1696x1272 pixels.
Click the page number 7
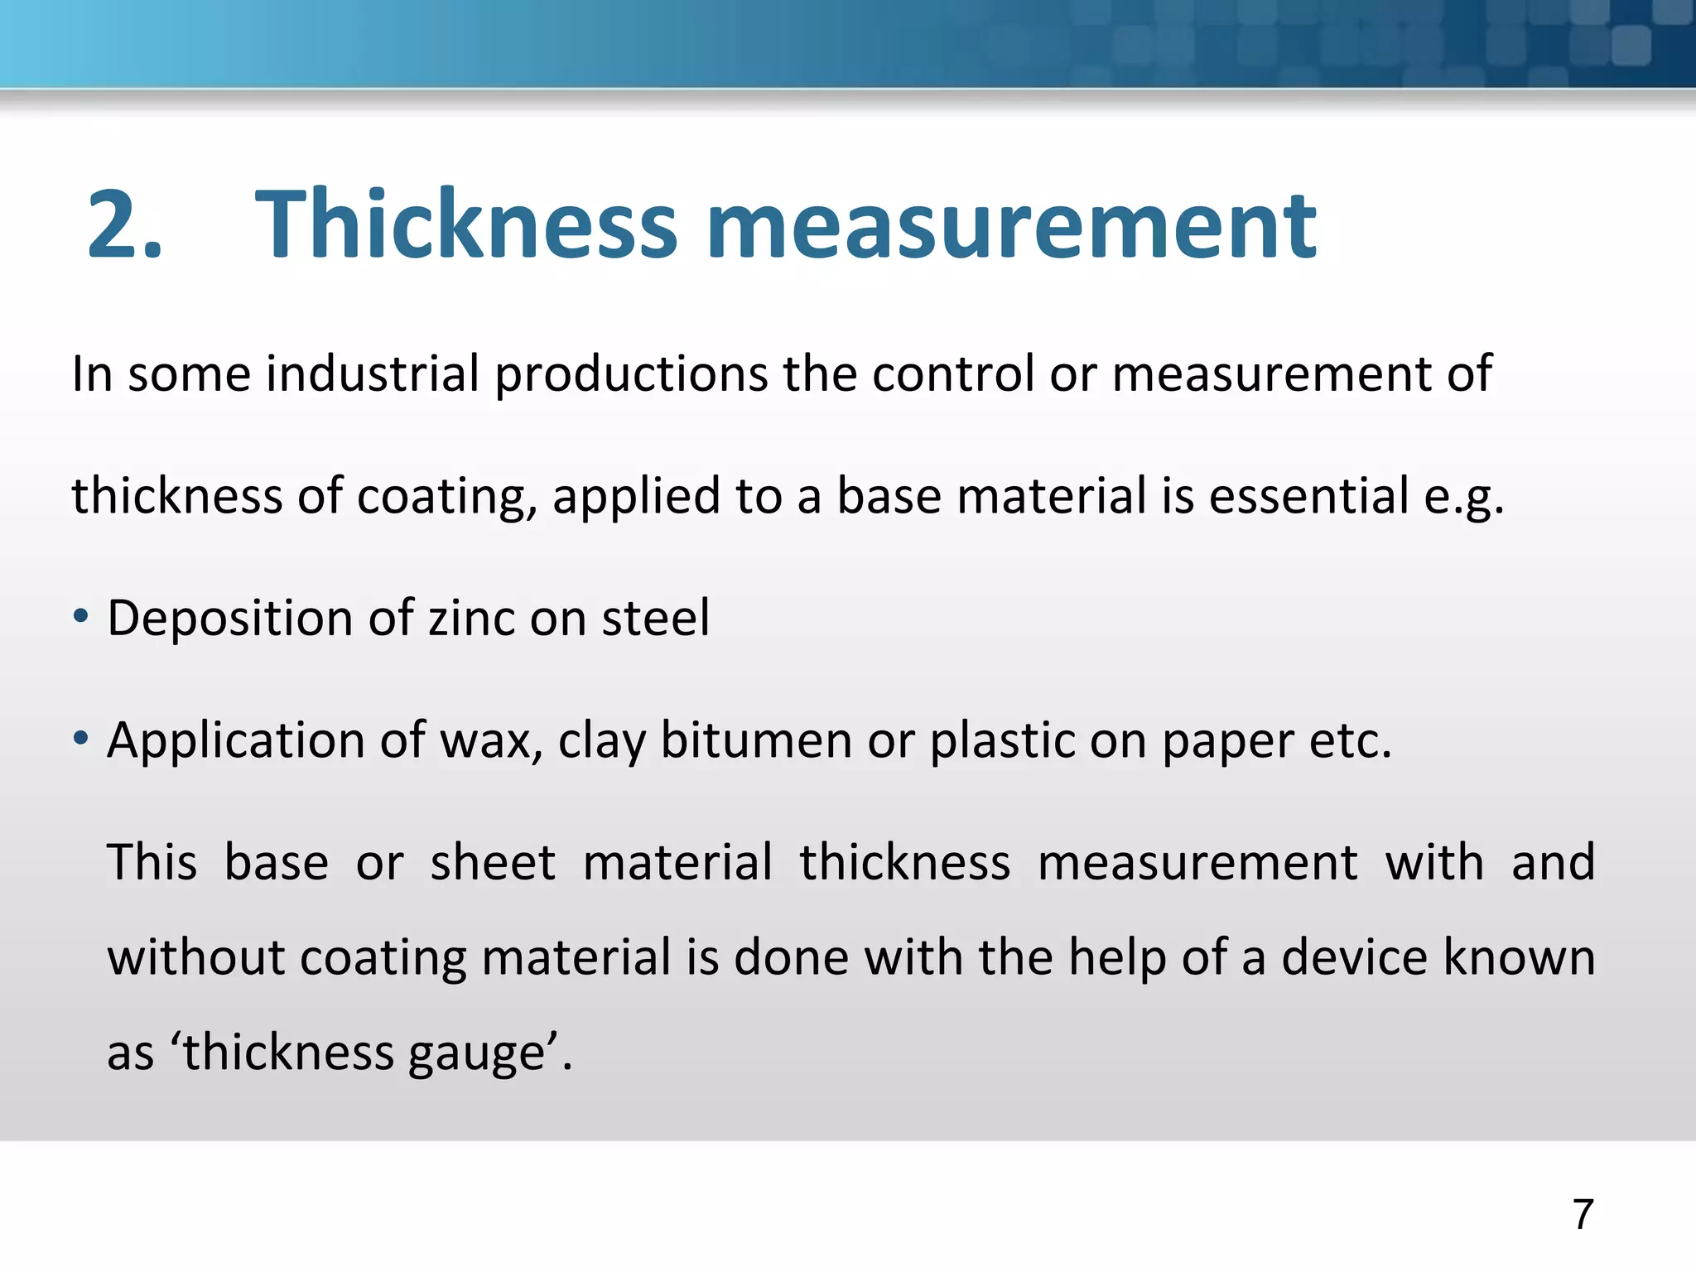[1583, 1215]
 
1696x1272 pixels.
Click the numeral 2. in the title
[124, 225]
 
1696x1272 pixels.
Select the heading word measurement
[1010, 225]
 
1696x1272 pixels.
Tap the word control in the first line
[953, 373]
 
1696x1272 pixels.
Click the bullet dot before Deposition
[80, 617]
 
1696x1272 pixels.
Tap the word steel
[655, 618]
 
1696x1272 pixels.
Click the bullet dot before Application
[80, 738]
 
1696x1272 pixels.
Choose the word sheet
[493, 862]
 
